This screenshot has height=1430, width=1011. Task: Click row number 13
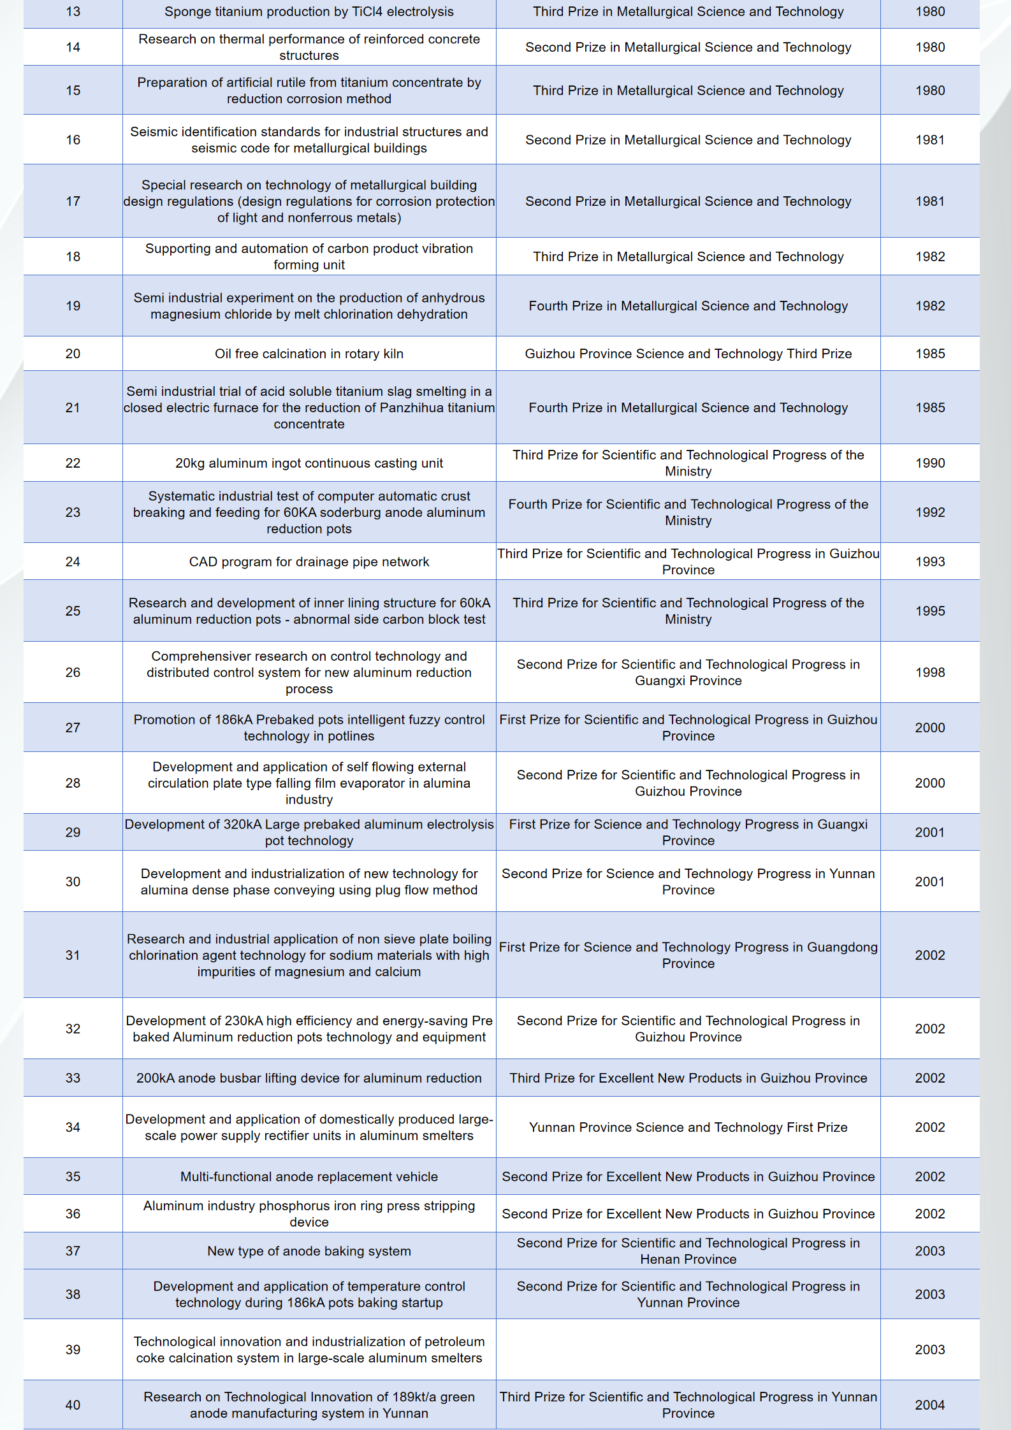(x=73, y=12)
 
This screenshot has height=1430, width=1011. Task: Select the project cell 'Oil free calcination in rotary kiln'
(x=309, y=354)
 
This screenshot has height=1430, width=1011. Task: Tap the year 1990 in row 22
(x=929, y=463)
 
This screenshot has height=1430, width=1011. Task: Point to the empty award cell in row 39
(x=688, y=1350)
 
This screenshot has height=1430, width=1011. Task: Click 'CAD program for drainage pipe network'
(x=309, y=562)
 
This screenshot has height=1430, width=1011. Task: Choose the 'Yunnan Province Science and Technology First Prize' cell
(x=688, y=1127)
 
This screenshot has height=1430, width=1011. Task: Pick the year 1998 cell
(x=929, y=672)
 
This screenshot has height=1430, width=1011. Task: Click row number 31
(x=73, y=955)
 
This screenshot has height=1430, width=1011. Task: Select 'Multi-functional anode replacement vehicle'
(x=309, y=1177)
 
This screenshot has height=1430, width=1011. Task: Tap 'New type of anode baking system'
(x=309, y=1251)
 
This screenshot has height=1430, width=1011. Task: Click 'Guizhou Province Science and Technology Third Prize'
(x=688, y=354)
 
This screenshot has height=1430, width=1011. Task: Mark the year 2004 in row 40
(x=929, y=1405)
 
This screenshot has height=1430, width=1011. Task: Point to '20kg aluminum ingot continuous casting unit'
(x=309, y=463)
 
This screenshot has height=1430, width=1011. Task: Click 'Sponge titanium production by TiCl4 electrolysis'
(x=309, y=12)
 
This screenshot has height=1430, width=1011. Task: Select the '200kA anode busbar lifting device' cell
(x=309, y=1078)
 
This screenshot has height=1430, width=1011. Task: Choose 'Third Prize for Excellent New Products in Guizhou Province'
(x=688, y=1078)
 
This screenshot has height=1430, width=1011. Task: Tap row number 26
(x=73, y=672)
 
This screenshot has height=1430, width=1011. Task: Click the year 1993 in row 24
(x=929, y=562)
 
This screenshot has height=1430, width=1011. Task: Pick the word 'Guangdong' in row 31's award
(x=842, y=948)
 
